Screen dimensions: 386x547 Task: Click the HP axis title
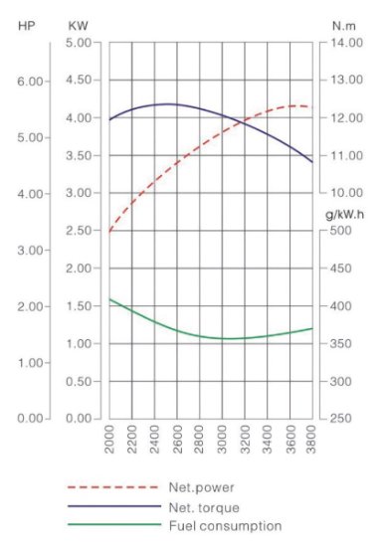tap(27, 26)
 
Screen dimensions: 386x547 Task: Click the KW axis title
tap(79, 26)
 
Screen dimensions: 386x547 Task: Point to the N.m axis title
tap(344, 26)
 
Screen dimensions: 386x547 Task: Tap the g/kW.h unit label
tap(345, 215)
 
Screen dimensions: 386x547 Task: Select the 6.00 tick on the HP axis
tap(31, 82)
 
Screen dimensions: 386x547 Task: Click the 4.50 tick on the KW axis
tap(79, 80)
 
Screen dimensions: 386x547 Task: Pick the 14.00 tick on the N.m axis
tap(346, 43)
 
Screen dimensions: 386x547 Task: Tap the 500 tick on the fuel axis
tap(341, 231)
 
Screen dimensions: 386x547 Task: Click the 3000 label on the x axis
tap(222, 439)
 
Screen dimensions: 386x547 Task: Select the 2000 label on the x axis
tap(109, 439)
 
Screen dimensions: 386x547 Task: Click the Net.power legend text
tap(201, 487)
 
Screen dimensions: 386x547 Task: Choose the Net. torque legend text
tap(204, 507)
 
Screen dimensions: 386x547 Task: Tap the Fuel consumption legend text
tap(226, 526)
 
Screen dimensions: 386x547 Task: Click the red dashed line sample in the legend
tap(113, 487)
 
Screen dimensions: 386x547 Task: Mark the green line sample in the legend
tap(114, 524)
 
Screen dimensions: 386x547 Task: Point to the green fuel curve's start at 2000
tap(109, 299)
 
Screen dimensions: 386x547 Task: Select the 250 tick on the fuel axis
tap(341, 418)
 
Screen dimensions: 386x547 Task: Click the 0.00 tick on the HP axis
tap(31, 418)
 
